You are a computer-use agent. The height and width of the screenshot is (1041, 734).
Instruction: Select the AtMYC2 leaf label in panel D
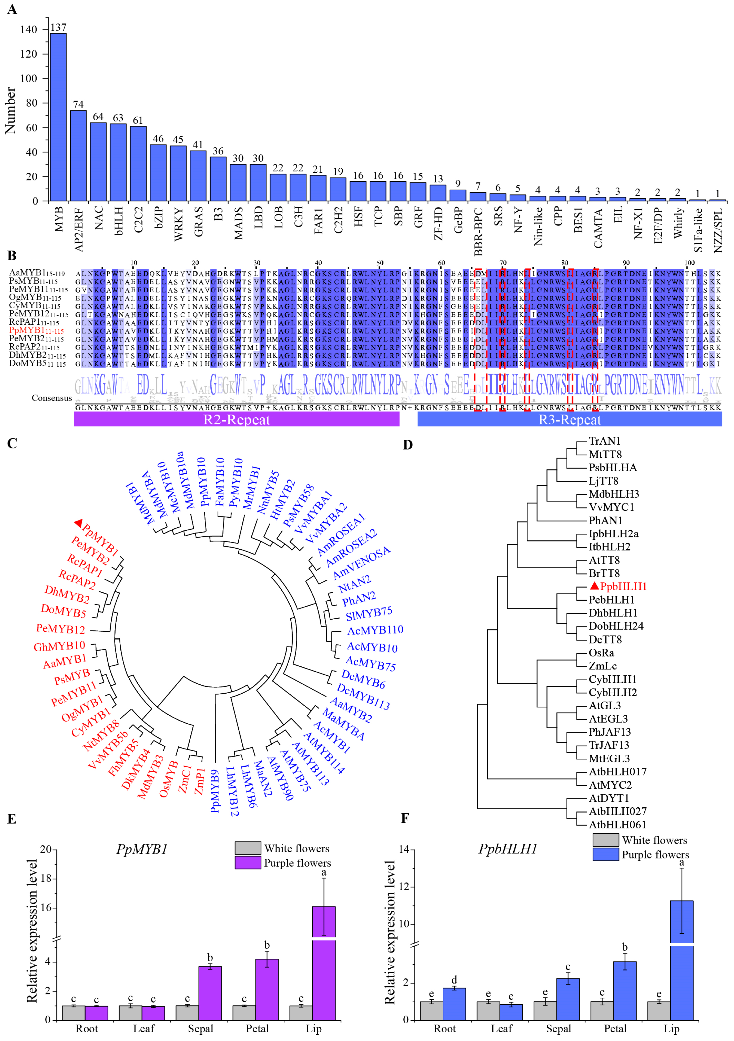click(610, 785)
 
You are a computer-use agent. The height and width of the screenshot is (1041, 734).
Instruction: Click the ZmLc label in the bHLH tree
click(603, 666)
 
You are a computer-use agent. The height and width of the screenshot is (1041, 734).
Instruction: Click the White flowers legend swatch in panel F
click(605, 840)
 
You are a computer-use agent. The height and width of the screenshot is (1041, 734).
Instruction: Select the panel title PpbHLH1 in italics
click(508, 849)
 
